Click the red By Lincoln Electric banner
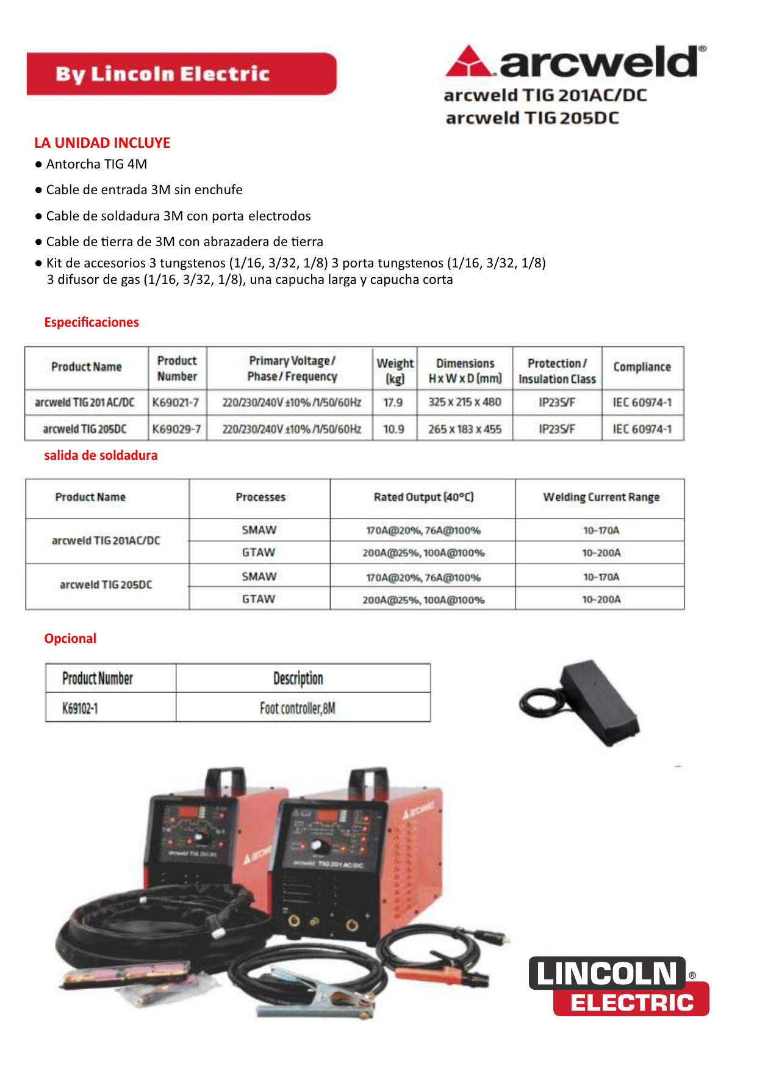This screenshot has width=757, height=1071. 181,74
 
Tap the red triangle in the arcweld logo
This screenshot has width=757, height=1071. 468,62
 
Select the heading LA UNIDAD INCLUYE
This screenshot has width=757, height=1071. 102,143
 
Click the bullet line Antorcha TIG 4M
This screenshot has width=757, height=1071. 96,164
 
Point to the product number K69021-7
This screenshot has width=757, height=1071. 176,402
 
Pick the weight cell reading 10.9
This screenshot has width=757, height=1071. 393,429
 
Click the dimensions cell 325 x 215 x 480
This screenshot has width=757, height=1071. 464,402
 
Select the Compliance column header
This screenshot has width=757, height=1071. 642,367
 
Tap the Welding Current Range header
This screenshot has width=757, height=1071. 601,498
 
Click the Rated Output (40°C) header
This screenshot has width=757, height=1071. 423,498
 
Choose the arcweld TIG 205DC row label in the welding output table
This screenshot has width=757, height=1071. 106,585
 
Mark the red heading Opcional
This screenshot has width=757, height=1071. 70,639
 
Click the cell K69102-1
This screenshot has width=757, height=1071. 81,708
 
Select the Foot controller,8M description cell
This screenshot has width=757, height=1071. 298,708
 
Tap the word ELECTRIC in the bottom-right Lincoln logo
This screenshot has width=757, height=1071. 632,1003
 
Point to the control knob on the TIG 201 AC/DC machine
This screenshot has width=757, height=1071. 317,846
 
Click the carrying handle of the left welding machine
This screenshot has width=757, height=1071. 226,779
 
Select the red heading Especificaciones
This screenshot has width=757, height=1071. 91,322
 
